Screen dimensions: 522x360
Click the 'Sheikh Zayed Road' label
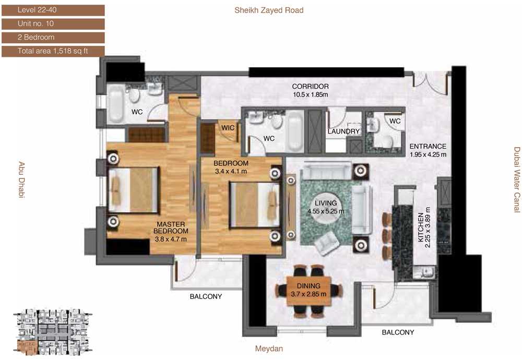[269, 10]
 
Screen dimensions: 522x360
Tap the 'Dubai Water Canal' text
[517, 179]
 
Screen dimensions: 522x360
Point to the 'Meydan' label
[269, 349]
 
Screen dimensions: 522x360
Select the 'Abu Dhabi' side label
[21, 179]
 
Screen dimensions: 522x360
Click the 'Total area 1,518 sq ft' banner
[53, 51]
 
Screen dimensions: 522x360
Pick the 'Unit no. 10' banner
[53, 23]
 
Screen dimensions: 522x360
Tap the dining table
[309, 291]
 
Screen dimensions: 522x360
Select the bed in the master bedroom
[133, 189]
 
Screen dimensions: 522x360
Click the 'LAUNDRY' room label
[343, 131]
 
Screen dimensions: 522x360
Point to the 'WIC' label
[228, 128]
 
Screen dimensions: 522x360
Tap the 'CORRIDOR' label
[310, 87]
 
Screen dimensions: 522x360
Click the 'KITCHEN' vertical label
[421, 227]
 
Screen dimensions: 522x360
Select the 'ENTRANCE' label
[428, 147]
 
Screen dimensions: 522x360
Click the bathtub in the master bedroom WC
[116, 103]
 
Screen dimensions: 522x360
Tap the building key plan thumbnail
[53, 332]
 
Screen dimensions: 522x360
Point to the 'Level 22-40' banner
[53, 10]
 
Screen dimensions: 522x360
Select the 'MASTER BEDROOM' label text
[171, 228]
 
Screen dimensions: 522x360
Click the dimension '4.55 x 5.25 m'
[326, 211]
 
